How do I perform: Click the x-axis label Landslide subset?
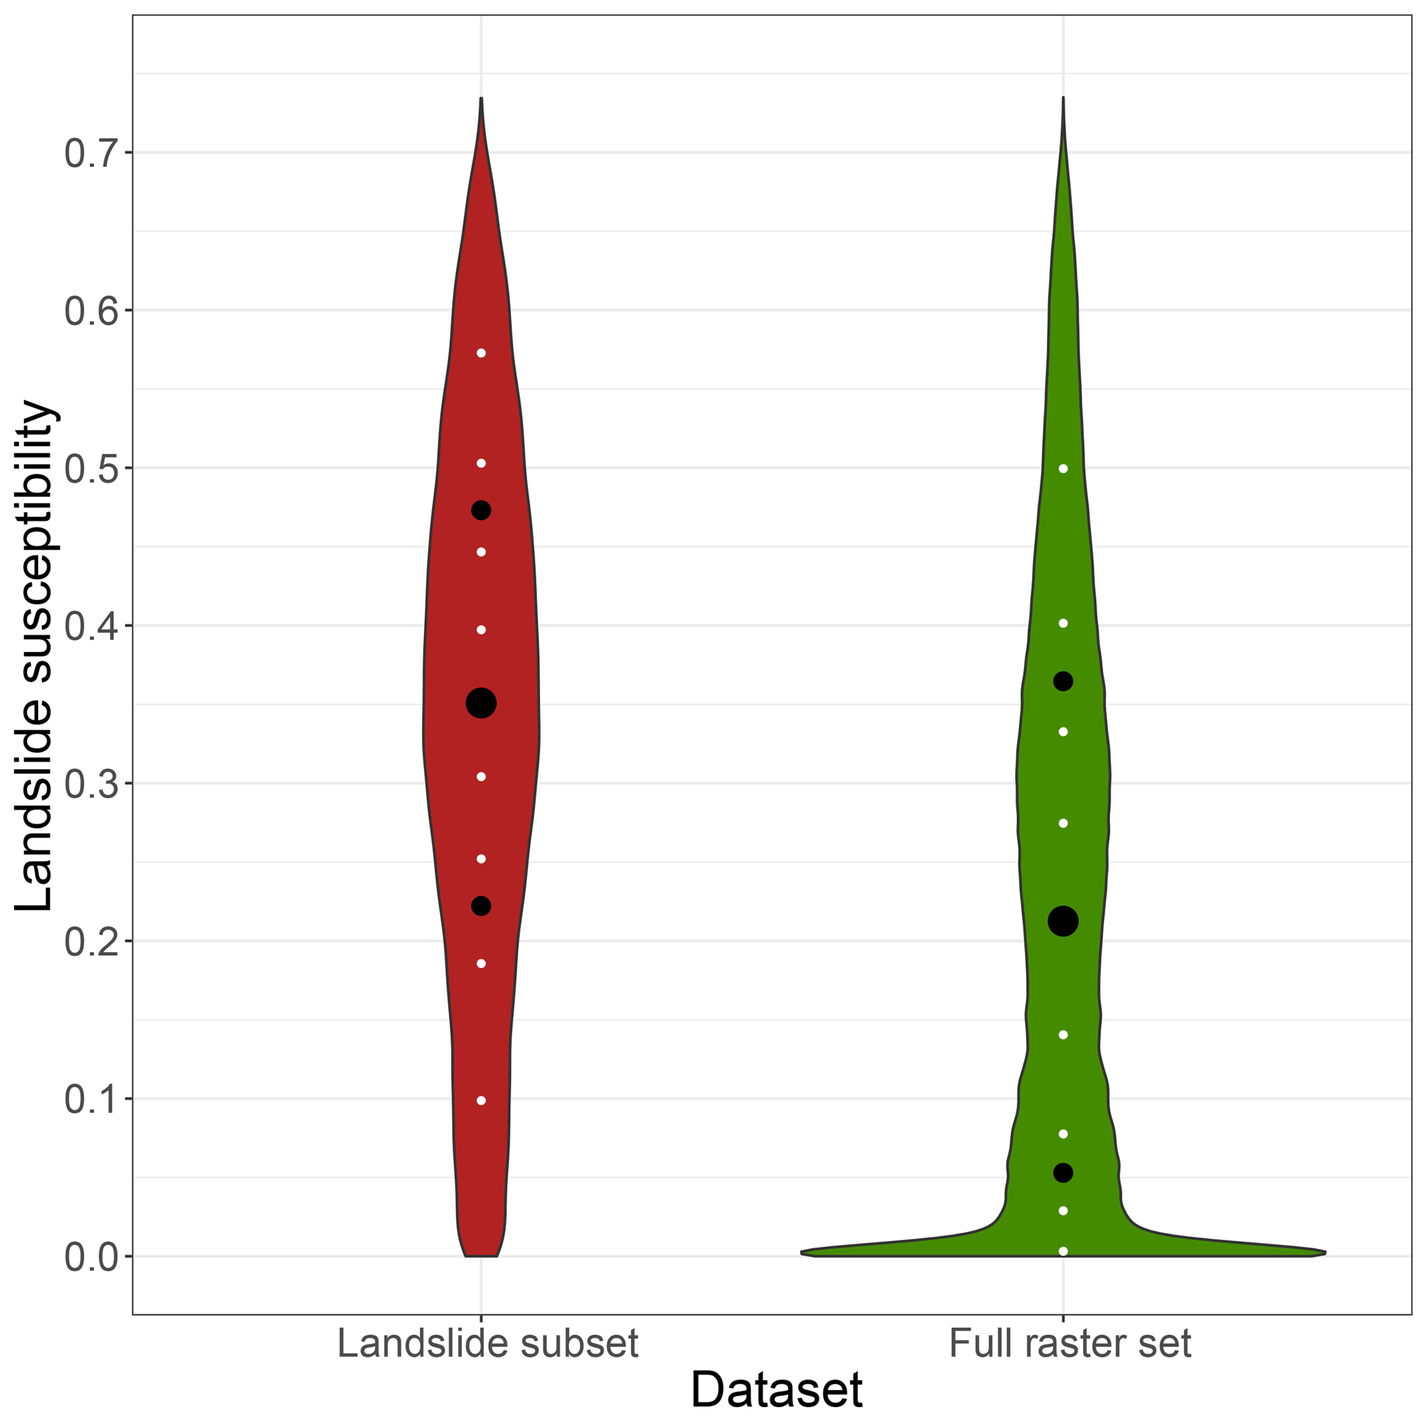click(487, 1343)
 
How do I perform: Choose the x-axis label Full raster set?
click(1069, 1343)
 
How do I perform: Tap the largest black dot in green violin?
click(1063, 921)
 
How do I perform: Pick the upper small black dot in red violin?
click(480, 510)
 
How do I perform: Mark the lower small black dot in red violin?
click(480, 905)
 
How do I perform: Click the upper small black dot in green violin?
click(1063, 681)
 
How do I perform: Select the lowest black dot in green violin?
click(1063, 1172)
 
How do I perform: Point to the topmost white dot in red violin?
click(480, 353)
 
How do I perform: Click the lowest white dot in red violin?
click(480, 1101)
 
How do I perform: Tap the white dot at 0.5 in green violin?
click(1063, 469)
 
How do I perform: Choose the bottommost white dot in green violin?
click(1063, 1251)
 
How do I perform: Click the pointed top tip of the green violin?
click(1063, 99)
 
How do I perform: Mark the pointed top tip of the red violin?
click(480, 99)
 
